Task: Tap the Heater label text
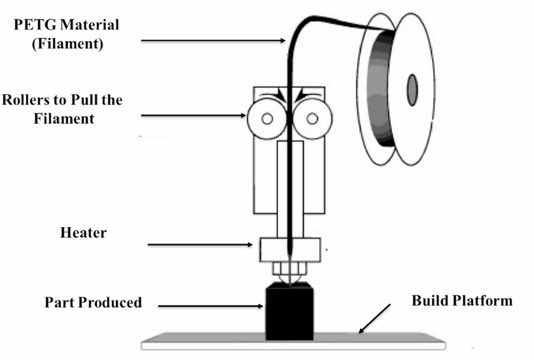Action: [83, 233]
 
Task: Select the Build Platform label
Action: [462, 301]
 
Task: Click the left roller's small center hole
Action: [267, 118]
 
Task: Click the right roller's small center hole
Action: [312, 118]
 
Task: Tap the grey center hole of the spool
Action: [412, 90]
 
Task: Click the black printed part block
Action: [290, 312]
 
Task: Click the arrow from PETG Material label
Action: [213, 41]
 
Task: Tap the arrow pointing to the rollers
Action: [194, 116]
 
